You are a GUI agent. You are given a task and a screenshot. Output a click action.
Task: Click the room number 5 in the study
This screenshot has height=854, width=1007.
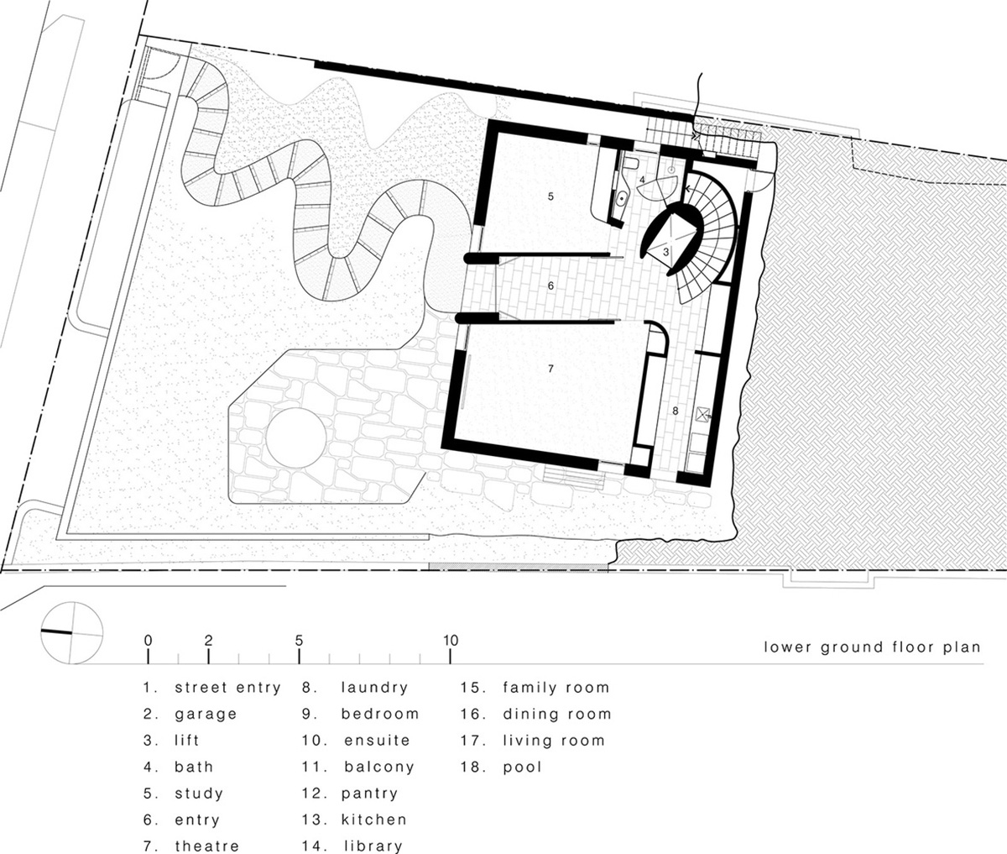coord(550,196)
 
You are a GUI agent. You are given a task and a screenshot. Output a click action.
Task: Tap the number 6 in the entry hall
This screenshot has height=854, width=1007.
coord(550,286)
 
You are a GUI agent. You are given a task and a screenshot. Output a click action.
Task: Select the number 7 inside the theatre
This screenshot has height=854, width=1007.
coord(550,369)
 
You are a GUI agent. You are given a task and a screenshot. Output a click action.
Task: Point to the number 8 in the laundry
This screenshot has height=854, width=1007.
coord(676,411)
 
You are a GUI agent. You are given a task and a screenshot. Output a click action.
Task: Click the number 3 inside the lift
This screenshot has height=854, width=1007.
coord(666,253)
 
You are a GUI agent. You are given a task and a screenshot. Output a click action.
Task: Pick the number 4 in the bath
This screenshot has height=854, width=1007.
coord(642,180)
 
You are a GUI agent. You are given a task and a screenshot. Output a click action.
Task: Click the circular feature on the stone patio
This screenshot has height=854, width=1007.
coord(295,438)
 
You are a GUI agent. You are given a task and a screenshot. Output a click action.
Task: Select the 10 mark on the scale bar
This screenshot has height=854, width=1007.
coord(451,640)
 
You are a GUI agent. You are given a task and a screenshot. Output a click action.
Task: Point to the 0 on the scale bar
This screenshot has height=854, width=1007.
coord(148,640)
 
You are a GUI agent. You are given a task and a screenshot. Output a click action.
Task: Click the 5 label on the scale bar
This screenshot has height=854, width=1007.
coord(299,640)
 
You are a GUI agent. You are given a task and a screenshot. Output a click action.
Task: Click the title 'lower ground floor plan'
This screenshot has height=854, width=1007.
coord(872,647)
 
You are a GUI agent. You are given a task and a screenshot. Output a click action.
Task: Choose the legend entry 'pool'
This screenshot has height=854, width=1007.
coord(523,768)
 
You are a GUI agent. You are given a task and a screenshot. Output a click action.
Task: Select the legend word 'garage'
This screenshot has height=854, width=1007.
coord(206,715)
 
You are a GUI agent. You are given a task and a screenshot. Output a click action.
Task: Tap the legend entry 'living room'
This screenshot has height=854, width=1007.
coord(554,741)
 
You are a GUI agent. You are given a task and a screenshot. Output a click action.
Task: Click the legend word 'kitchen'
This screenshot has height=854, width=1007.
coord(374,820)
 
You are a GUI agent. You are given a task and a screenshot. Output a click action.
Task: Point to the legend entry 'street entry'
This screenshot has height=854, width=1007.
coord(228,688)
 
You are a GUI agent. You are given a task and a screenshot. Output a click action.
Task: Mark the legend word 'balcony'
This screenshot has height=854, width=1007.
coord(379,768)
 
